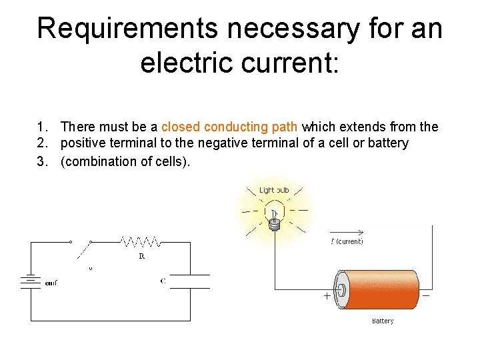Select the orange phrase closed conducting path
click(230, 127)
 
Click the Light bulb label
click(274, 191)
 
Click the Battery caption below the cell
click(383, 321)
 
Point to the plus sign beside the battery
click(327, 295)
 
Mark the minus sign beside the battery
click(425, 295)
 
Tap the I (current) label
click(347, 241)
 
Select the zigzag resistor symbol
click(141, 241)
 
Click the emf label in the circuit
click(51, 283)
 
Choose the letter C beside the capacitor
click(163, 281)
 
